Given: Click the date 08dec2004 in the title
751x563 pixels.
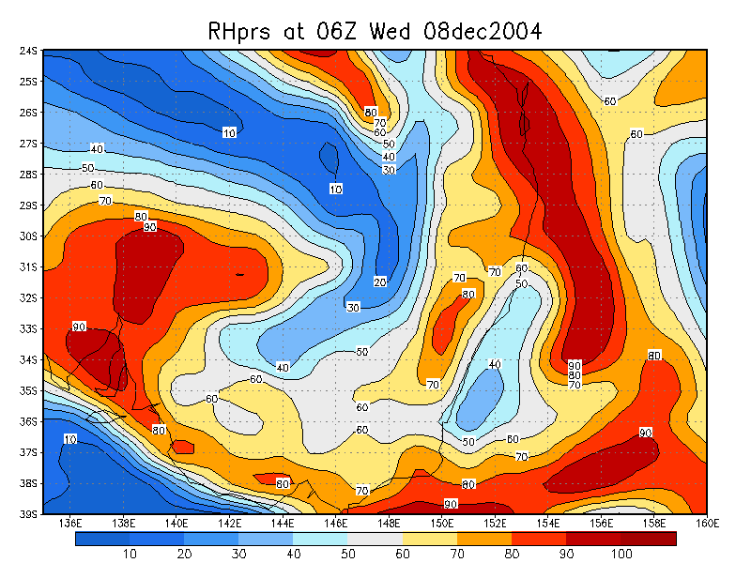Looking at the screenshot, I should pos(477,31).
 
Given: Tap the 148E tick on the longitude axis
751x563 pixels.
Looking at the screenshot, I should pos(390,523).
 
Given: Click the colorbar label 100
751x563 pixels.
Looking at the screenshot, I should pos(622,555).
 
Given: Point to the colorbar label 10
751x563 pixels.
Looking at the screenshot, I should pos(130,555).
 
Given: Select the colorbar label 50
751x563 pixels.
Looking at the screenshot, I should pos(348,555).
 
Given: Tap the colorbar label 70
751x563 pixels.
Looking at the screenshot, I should pos(457,555).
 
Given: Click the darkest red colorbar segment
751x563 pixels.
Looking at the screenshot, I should pos(649,539).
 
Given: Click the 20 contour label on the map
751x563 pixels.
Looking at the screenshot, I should pos(380,281).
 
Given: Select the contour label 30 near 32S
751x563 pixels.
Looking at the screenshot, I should pos(353,308).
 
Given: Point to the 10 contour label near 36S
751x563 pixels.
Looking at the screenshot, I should pos(70,439).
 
